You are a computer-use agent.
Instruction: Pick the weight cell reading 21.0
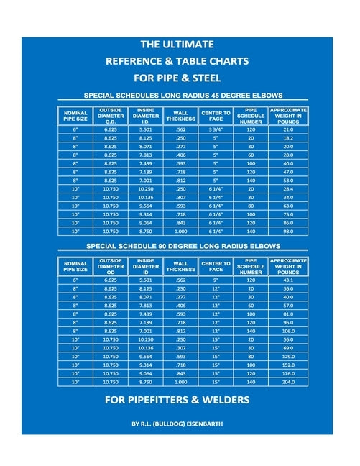(287, 129)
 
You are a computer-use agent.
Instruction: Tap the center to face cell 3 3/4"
(216, 129)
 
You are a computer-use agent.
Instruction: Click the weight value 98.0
(287, 232)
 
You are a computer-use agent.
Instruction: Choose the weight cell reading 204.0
(287, 383)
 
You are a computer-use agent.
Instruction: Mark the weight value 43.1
(287, 280)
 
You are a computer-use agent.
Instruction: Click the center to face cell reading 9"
(216, 280)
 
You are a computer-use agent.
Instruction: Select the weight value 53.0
(287, 181)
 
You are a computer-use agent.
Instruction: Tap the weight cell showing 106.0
(287, 331)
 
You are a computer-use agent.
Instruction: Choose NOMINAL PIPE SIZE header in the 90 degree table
(75, 266)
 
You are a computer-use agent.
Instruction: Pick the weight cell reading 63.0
(287, 206)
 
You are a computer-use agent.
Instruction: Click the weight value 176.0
(287, 374)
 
